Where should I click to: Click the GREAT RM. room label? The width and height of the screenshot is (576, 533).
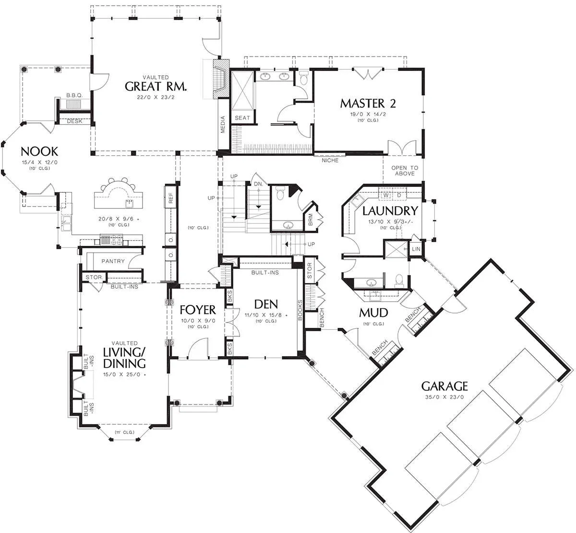[156, 86]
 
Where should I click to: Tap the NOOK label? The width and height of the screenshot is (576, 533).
[39, 151]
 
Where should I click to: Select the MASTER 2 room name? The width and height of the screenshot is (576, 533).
[368, 104]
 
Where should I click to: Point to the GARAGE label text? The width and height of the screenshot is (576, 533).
[444, 386]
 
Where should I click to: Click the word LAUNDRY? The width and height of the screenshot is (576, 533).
[390, 211]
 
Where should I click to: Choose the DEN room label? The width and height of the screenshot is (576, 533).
[266, 304]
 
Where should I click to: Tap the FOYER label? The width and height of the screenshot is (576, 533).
[198, 310]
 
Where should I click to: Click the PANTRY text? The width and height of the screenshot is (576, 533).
[113, 261]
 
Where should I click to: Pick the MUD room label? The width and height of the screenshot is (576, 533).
[373, 313]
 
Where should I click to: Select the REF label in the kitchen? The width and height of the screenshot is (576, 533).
[170, 198]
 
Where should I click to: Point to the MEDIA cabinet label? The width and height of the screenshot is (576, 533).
[223, 125]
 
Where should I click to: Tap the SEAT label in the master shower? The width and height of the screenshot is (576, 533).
[242, 118]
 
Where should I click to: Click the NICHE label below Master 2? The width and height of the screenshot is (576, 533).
[330, 161]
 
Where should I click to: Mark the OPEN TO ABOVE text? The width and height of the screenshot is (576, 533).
[405, 171]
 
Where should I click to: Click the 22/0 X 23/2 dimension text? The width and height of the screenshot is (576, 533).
[156, 97]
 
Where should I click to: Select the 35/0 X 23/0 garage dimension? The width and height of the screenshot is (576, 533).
[444, 397]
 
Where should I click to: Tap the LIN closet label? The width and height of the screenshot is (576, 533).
[416, 249]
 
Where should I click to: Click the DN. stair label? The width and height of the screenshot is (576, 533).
[258, 184]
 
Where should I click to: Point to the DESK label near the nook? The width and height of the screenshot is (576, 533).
[74, 121]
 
